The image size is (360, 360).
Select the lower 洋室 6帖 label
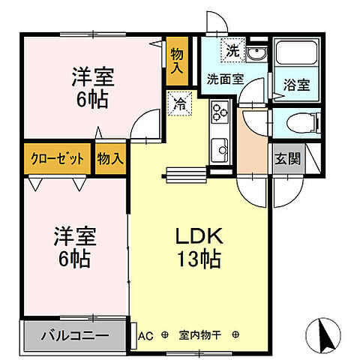tap(72, 248)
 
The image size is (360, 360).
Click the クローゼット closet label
tap(57, 159)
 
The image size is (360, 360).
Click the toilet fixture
tap(302, 122)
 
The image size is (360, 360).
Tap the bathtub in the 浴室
tap(295, 56)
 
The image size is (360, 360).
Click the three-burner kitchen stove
tap(220, 114)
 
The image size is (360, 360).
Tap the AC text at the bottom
tap(146, 336)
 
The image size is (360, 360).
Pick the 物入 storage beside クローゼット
tap(110, 159)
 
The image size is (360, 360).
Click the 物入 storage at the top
tap(177, 57)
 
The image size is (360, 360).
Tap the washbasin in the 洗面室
tap(256, 55)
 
